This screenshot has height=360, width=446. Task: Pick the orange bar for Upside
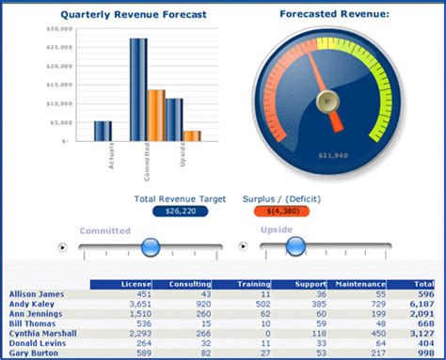(192, 135)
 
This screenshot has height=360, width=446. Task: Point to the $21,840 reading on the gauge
(334, 154)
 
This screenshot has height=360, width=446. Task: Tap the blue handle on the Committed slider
(150, 247)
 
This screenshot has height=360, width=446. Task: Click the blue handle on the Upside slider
(295, 246)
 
